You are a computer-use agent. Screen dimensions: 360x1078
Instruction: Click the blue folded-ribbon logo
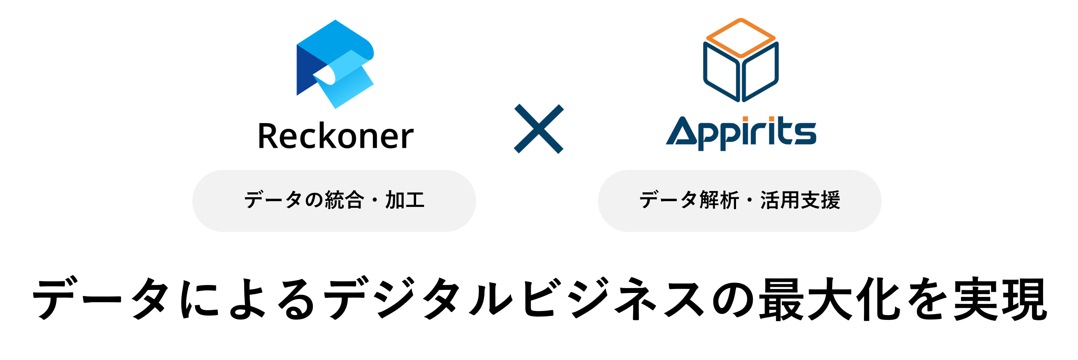click(335, 64)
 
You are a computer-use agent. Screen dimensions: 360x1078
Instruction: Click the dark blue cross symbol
click(539, 129)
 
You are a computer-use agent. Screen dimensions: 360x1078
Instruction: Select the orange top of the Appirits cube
click(741, 37)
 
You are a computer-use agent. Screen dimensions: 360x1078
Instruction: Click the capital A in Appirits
click(681, 131)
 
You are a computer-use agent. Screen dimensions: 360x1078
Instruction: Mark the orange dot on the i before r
click(745, 119)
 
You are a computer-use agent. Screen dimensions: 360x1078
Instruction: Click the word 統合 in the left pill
click(345, 200)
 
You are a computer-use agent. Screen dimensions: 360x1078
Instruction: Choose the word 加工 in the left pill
click(405, 200)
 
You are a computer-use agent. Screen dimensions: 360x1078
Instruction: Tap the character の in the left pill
click(314, 200)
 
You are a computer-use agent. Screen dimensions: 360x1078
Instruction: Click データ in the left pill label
click(273, 200)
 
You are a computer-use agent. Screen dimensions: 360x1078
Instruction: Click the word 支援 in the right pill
click(820, 200)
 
